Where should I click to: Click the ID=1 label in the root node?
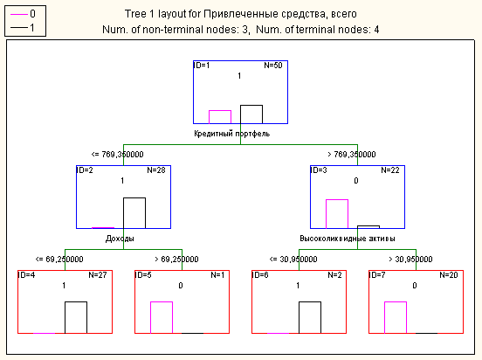tap(202, 66)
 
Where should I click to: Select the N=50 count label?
tap(273, 66)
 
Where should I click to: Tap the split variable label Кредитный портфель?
tap(231, 134)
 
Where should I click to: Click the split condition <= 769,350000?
tap(117, 154)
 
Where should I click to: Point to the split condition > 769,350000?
tap(352, 154)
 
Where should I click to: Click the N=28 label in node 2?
tap(156, 170)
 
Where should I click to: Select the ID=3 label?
tap(319, 170)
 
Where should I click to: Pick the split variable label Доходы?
tap(120, 239)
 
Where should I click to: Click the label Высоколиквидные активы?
tap(348, 239)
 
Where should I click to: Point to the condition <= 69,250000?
tap(59, 259)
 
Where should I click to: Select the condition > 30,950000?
tap(410, 259)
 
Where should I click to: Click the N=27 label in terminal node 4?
tap(98, 275)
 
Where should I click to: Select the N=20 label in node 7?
tap(449, 275)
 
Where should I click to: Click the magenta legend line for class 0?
tap(19, 15)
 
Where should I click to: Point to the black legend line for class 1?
tap(19, 28)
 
